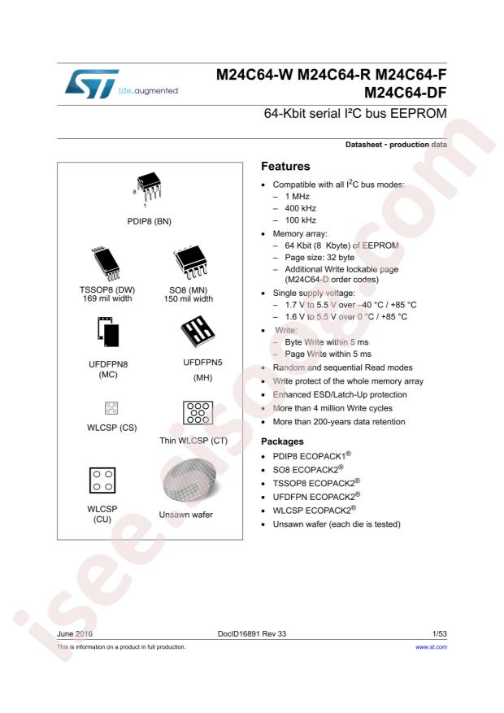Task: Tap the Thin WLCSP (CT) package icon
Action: pyautogui.click(x=193, y=412)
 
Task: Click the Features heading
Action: pyautogui.click(x=285, y=167)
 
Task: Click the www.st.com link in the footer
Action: pyautogui.click(x=432, y=647)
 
